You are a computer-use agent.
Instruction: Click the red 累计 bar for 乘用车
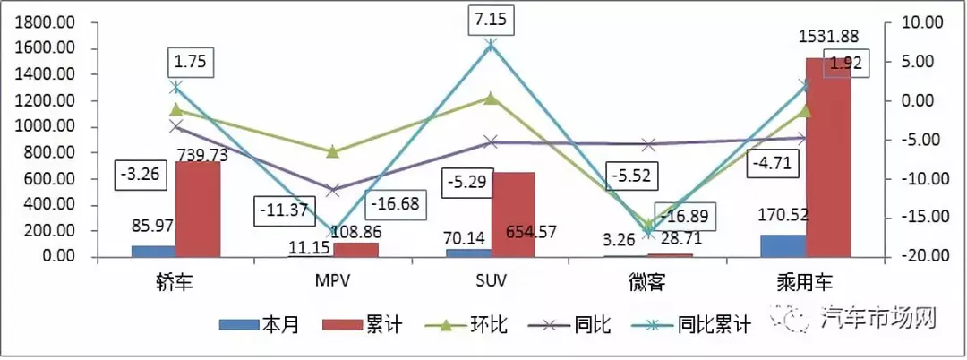(827, 159)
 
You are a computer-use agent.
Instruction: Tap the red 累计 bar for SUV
(512, 215)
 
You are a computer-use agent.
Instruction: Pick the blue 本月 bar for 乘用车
(783, 246)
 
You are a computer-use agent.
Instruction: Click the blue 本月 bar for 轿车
(153, 252)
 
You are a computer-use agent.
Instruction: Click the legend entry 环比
(483, 325)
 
